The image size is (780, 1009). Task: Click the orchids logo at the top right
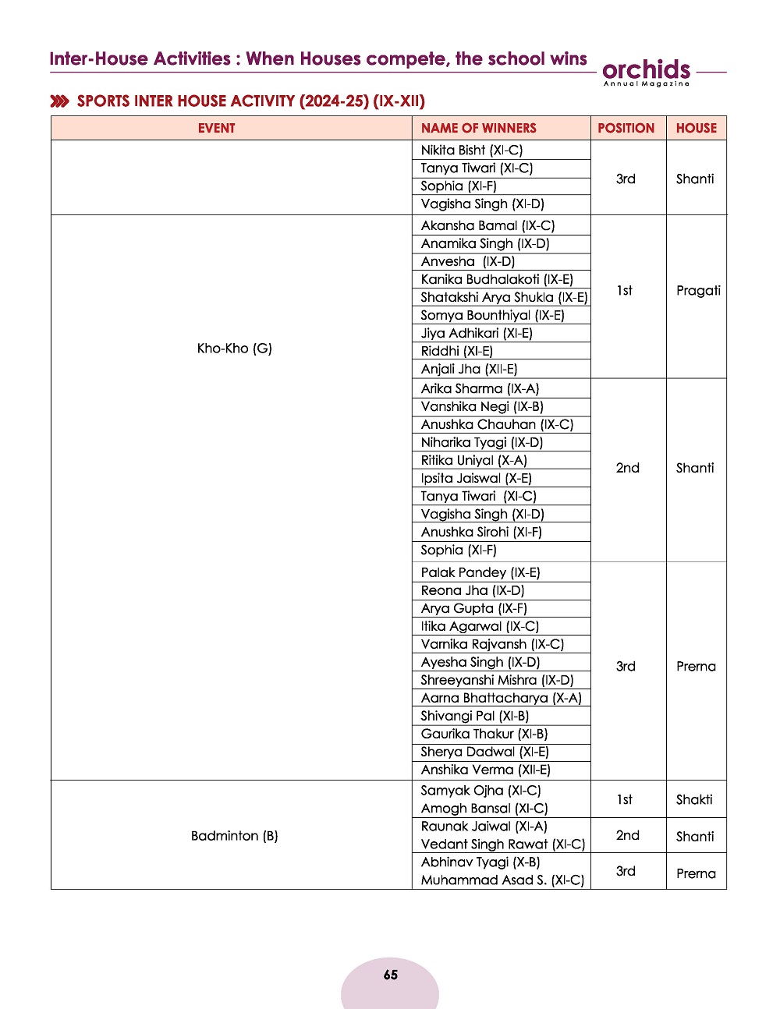tap(647, 71)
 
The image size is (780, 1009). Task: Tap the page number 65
tap(391, 975)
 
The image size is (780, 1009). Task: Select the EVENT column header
tap(216, 128)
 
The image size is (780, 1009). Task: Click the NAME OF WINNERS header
tap(478, 128)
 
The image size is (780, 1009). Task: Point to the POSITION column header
tap(626, 128)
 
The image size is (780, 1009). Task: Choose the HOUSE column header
tap(696, 128)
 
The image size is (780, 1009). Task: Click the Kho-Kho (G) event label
tap(234, 349)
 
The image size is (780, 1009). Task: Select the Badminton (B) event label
tap(234, 836)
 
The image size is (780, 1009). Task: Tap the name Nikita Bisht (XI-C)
tap(471, 150)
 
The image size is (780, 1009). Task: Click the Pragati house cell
tap(698, 290)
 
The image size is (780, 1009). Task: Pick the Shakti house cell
tap(694, 799)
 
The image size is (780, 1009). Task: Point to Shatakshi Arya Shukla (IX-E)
tap(504, 297)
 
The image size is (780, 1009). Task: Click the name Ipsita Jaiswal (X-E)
tap(476, 478)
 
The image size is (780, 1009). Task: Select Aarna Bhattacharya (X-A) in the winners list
tap(501, 698)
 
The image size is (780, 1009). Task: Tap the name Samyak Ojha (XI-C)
tap(480, 790)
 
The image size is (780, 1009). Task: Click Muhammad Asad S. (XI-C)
tap(502, 880)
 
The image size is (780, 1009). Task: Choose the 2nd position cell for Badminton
tap(627, 835)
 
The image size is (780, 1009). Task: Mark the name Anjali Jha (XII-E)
tap(469, 369)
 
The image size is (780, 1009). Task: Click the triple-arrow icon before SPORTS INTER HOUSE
tap(59, 101)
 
